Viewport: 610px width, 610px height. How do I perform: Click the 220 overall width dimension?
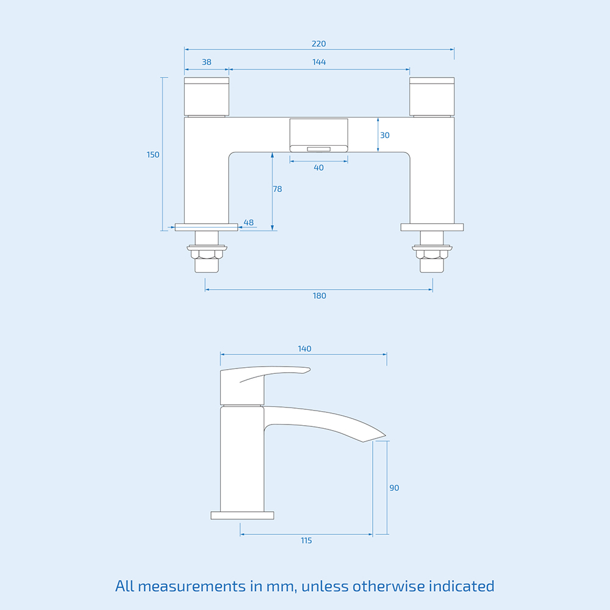(318, 44)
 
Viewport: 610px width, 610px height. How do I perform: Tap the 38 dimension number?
(207, 62)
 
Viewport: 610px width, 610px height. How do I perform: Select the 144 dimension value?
(318, 62)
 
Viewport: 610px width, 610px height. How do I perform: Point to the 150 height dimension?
(152, 155)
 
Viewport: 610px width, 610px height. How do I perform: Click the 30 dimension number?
(384, 135)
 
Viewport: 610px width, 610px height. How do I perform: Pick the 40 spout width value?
(318, 168)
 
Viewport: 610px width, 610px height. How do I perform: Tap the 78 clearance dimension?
(278, 189)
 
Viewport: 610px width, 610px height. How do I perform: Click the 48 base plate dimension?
(248, 222)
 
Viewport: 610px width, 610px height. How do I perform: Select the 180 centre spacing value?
(319, 296)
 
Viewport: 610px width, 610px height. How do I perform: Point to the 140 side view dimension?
(304, 349)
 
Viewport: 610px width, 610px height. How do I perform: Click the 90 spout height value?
(394, 488)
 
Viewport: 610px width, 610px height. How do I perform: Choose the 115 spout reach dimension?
(306, 540)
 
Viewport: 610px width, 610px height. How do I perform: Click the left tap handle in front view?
(207, 96)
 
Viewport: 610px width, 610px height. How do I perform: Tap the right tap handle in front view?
(432, 96)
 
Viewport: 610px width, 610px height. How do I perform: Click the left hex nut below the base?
(207, 253)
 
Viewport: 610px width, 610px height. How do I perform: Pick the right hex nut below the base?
(432, 253)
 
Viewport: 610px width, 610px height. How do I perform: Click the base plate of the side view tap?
(242, 515)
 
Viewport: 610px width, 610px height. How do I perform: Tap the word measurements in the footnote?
(193, 587)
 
